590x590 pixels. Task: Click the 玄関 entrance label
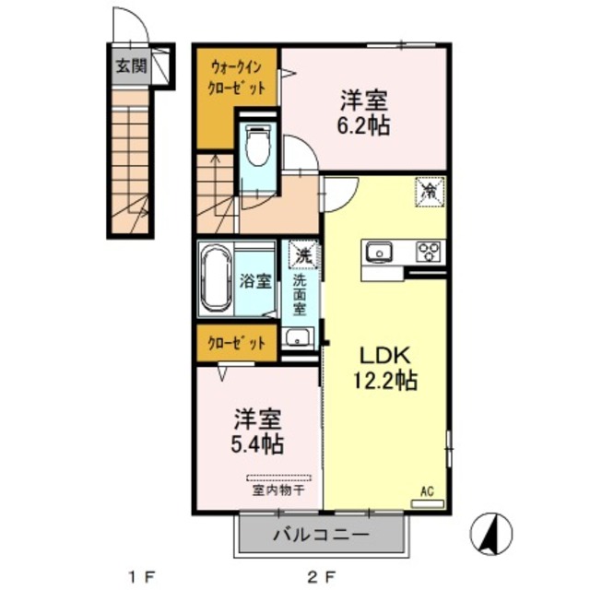click(x=131, y=66)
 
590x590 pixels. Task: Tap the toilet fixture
click(x=258, y=146)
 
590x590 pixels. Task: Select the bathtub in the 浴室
click(x=215, y=278)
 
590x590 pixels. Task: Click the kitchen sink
click(x=379, y=252)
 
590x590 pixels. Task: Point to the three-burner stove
click(x=429, y=252)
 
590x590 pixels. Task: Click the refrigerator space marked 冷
click(x=430, y=192)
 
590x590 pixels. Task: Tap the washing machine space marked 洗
click(x=303, y=254)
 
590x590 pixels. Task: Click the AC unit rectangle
click(x=428, y=504)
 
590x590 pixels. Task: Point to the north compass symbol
click(x=491, y=533)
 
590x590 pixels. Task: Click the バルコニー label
click(x=321, y=535)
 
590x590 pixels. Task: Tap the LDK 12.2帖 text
click(x=385, y=369)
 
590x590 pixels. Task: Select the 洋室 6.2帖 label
click(x=363, y=112)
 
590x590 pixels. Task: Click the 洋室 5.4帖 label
click(x=257, y=431)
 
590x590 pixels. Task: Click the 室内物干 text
click(x=278, y=490)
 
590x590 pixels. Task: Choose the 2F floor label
click(x=321, y=576)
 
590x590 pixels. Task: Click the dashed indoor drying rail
click(x=278, y=478)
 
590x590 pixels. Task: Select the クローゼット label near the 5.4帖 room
click(x=237, y=343)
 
